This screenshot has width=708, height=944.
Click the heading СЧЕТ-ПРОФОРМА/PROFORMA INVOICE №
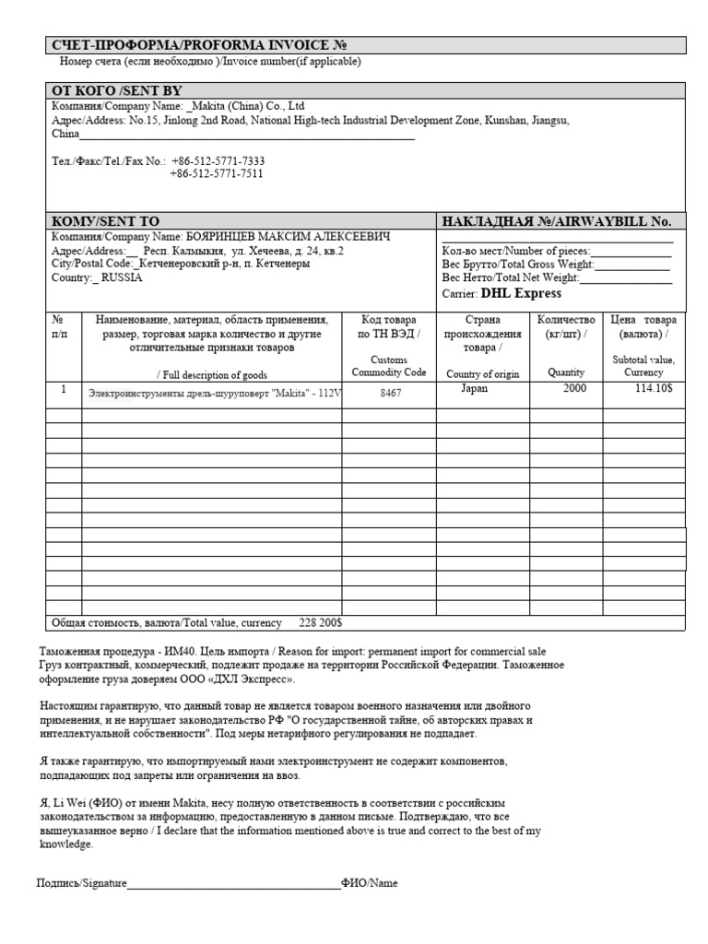click(198, 45)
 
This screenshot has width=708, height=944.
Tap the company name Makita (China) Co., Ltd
click(245, 106)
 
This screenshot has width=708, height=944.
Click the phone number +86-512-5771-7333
click(218, 160)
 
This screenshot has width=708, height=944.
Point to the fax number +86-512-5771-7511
click(217, 173)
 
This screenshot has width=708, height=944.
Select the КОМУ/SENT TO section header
click(106, 221)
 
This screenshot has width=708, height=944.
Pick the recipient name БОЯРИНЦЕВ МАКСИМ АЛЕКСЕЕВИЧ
click(289, 237)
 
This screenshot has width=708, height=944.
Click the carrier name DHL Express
click(521, 293)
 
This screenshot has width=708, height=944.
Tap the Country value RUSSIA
click(122, 277)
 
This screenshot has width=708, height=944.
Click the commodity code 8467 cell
click(391, 392)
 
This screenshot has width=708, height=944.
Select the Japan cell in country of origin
click(474, 389)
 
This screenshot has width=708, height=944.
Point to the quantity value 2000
click(573, 389)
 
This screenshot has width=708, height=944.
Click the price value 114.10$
click(654, 389)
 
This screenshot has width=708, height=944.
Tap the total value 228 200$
click(321, 622)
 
